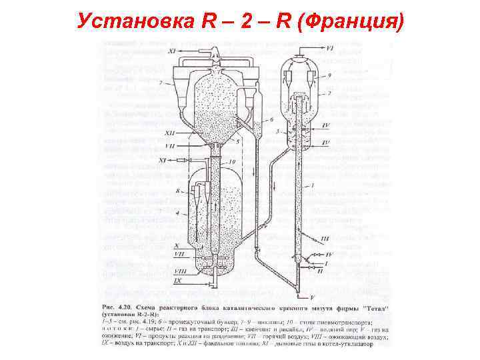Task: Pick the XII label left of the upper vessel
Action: tap(171, 134)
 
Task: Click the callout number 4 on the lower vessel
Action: tap(178, 213)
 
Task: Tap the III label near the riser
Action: tap(325, 239)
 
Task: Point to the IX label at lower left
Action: tap(177, 281)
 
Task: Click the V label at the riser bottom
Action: tap(312, 295)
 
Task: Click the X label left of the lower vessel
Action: tap(176, 246)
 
